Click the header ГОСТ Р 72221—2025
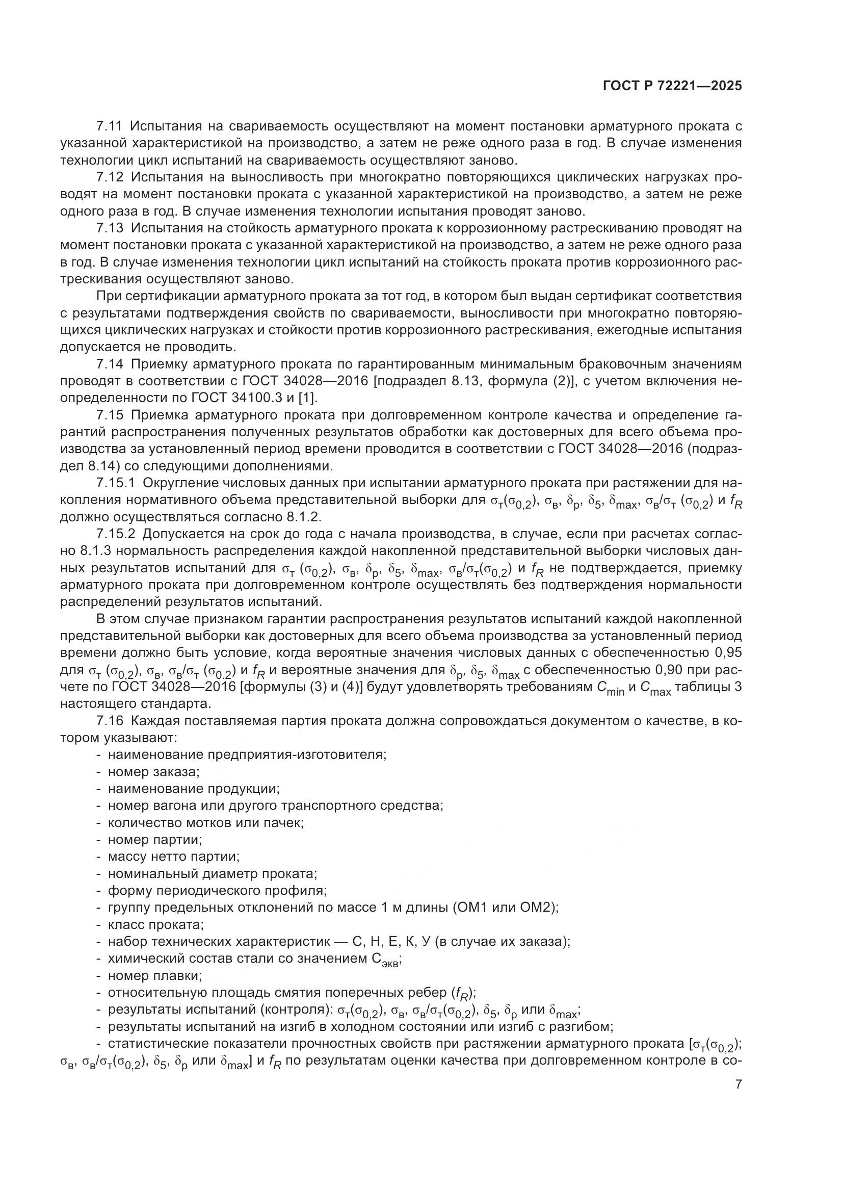[672, 86]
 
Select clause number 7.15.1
[115, 483]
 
